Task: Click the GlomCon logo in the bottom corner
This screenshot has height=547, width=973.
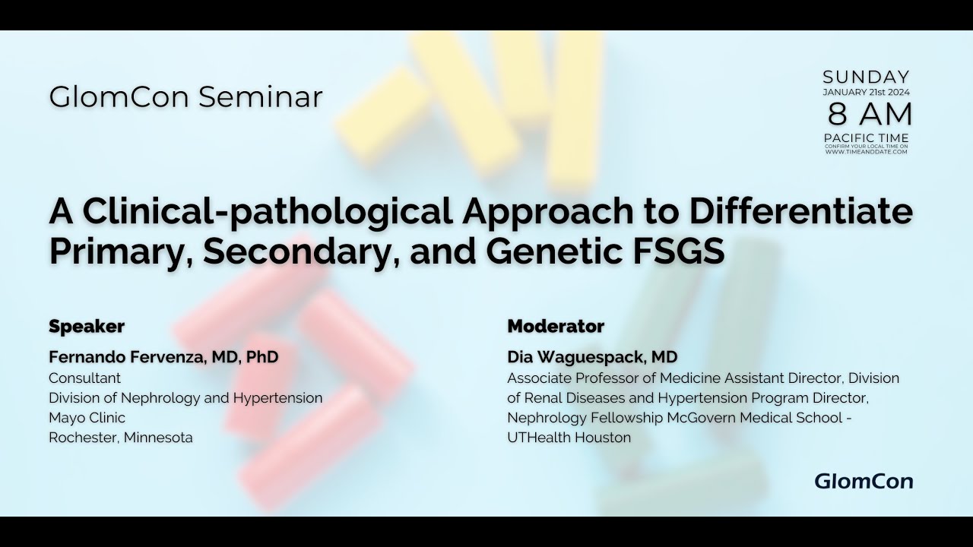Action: click(x=864, y=481)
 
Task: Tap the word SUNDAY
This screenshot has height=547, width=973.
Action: click(x=866, y=77)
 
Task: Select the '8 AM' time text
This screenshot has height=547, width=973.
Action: click(x=870, y=114)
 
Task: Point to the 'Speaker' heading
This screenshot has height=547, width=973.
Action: click(x=87, y=327)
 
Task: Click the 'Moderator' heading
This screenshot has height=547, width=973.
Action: click(x=556, y=327)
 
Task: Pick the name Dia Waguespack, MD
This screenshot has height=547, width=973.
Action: click(x=592, y=357)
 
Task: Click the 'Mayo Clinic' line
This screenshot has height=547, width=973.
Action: click(x=87, y=417)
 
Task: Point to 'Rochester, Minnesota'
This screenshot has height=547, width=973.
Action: click(x=121, y=437)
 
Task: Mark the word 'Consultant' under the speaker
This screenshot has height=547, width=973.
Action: click(x=84, y=378)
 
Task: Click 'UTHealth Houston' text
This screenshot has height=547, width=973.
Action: click(x=569, y=437)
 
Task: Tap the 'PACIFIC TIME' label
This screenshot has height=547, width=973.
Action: click(x=866, y=138)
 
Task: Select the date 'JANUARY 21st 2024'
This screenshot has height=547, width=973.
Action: click(x=866, y=92)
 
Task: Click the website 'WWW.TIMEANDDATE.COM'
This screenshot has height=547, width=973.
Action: click(x=866, y=152)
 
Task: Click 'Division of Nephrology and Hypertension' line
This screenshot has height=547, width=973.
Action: click(x=185, y=397)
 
